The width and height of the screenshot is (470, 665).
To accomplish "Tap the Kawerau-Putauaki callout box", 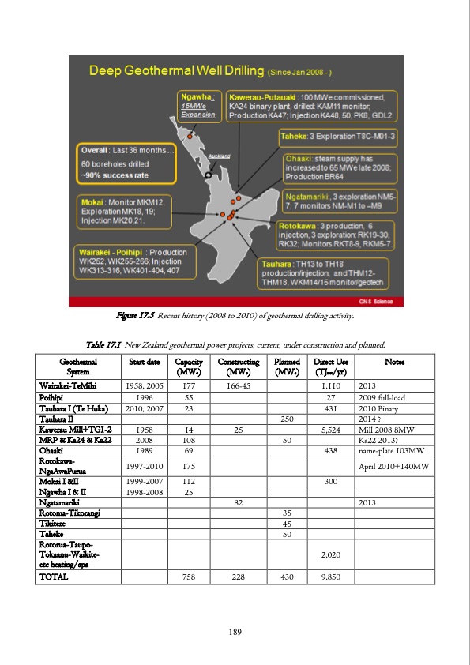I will [314, 106].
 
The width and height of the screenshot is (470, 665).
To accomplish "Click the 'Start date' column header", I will [144, 363].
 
